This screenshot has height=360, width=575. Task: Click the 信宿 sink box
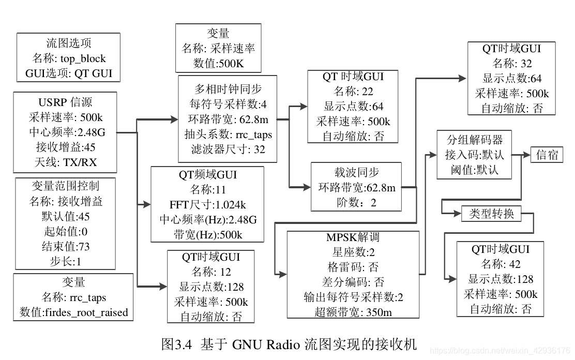click(547, 155)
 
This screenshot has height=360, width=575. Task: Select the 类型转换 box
click(491, 214)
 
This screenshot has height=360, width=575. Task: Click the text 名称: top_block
click(69, 58)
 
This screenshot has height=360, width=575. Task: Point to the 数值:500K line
click(218, 64)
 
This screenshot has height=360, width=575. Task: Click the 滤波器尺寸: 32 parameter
click(228, 149)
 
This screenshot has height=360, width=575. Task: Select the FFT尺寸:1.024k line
click(207, 204)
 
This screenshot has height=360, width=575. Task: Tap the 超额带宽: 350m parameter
click(353, 312)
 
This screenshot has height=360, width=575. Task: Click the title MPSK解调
click(353, 237)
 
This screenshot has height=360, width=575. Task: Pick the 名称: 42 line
click(501, 264)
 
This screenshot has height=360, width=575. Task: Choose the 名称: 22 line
click(353, 92)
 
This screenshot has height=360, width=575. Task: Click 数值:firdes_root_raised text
click(73, 312)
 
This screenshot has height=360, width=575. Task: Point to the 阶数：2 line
click(356, 202)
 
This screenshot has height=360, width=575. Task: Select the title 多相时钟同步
click(228, 89)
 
